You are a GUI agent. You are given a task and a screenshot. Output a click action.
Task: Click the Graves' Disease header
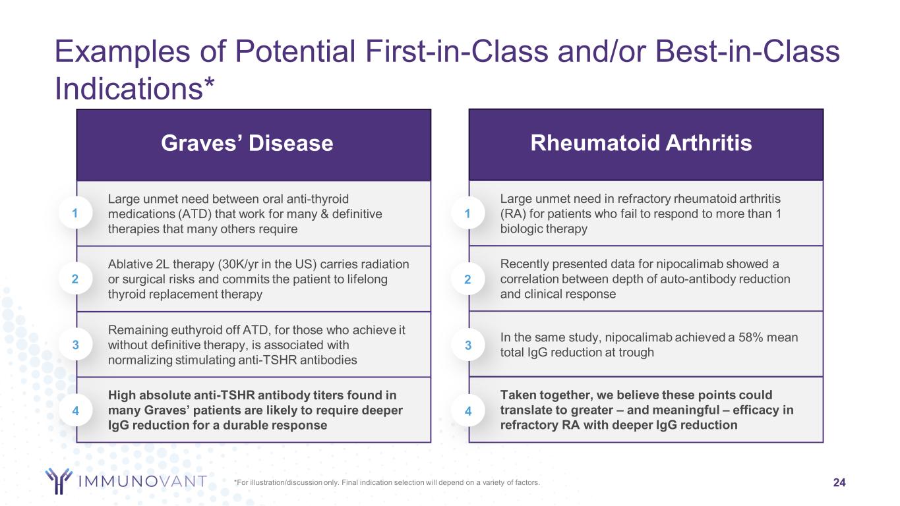[x=247, y=143]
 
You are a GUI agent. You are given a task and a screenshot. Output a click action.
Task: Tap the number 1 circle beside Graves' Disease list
[x=75, y=213]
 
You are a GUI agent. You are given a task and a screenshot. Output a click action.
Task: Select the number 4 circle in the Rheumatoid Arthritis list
[x=467, y=410]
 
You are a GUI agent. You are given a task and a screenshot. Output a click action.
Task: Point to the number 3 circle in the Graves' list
[x=75, y=345]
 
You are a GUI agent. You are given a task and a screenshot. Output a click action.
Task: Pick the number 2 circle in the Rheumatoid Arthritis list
[x=467, y=279]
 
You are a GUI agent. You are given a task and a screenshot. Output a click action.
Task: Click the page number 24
[x=839, y=482]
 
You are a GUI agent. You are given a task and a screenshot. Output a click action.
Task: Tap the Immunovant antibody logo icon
[x=59, y=480]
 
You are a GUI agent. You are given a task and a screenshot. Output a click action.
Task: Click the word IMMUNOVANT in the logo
[x=142, y=481]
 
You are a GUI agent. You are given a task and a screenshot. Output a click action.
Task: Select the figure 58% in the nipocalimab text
[x=750, y=337]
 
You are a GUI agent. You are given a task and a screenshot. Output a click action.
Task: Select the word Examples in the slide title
[x=122, y=52]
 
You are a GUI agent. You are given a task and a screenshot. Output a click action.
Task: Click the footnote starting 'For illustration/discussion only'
[x=387, y=482]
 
